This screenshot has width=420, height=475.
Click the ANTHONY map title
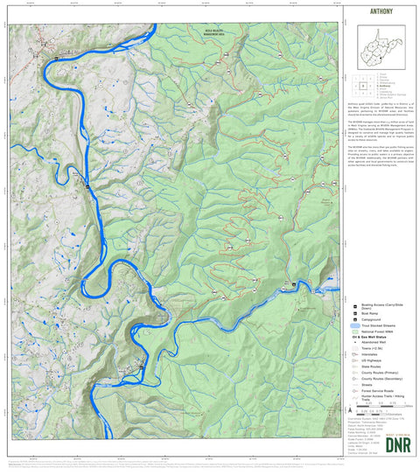point(381,12)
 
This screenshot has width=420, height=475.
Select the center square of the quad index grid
point(360,87)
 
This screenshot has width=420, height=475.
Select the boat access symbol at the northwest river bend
point(56,58)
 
